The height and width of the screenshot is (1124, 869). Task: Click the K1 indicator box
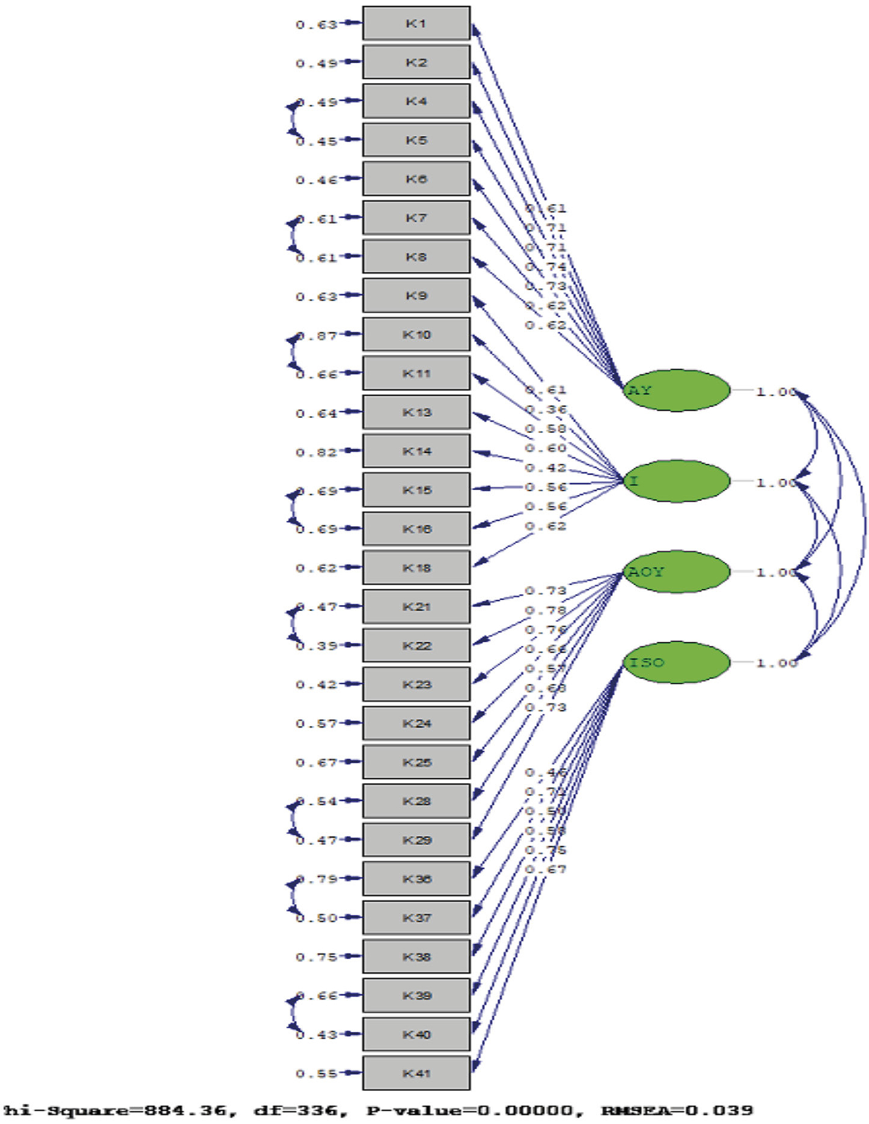pyautogui.click(x=416, y=23)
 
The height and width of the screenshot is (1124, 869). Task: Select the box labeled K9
pyautogui.click(x=416, y=295)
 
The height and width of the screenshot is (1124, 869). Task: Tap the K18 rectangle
pyautogui.click(x=416, y=568)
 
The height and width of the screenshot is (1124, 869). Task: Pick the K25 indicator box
pyautogui.click(x=416, y=762)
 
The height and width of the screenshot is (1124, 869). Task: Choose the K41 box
pyautogui.click(x=416, y=1073)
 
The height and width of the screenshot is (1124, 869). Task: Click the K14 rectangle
pyautogui.click(x=416, y=451)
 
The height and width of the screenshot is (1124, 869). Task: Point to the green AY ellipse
pyautogui.click(x=677, y=390)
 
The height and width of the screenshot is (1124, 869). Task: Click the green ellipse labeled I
pyautogui.click(x=677, y=481)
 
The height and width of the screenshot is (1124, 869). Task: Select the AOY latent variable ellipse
pyautogui.click(x=677, y=571)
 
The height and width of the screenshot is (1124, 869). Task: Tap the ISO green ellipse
pyautogui.click(x=677, y=662)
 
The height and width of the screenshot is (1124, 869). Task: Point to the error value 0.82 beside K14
pyautogui.click(x=316, y=452)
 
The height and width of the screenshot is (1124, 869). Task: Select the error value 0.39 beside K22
pyautogui.click(x=317, y=646)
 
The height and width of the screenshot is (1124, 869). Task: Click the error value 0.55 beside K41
pyautogui.click(x=316, y=1073)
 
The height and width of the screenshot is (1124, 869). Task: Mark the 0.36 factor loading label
pyautogui.click(x=546, y=410)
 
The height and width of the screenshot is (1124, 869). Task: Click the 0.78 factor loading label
pyautogui.click(x=546, y=610)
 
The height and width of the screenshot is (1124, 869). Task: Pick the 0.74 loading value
pyautogui.click(x=546, y=266)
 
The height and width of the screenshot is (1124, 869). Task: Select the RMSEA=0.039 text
pyautogui.click(x=677, y=1110)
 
